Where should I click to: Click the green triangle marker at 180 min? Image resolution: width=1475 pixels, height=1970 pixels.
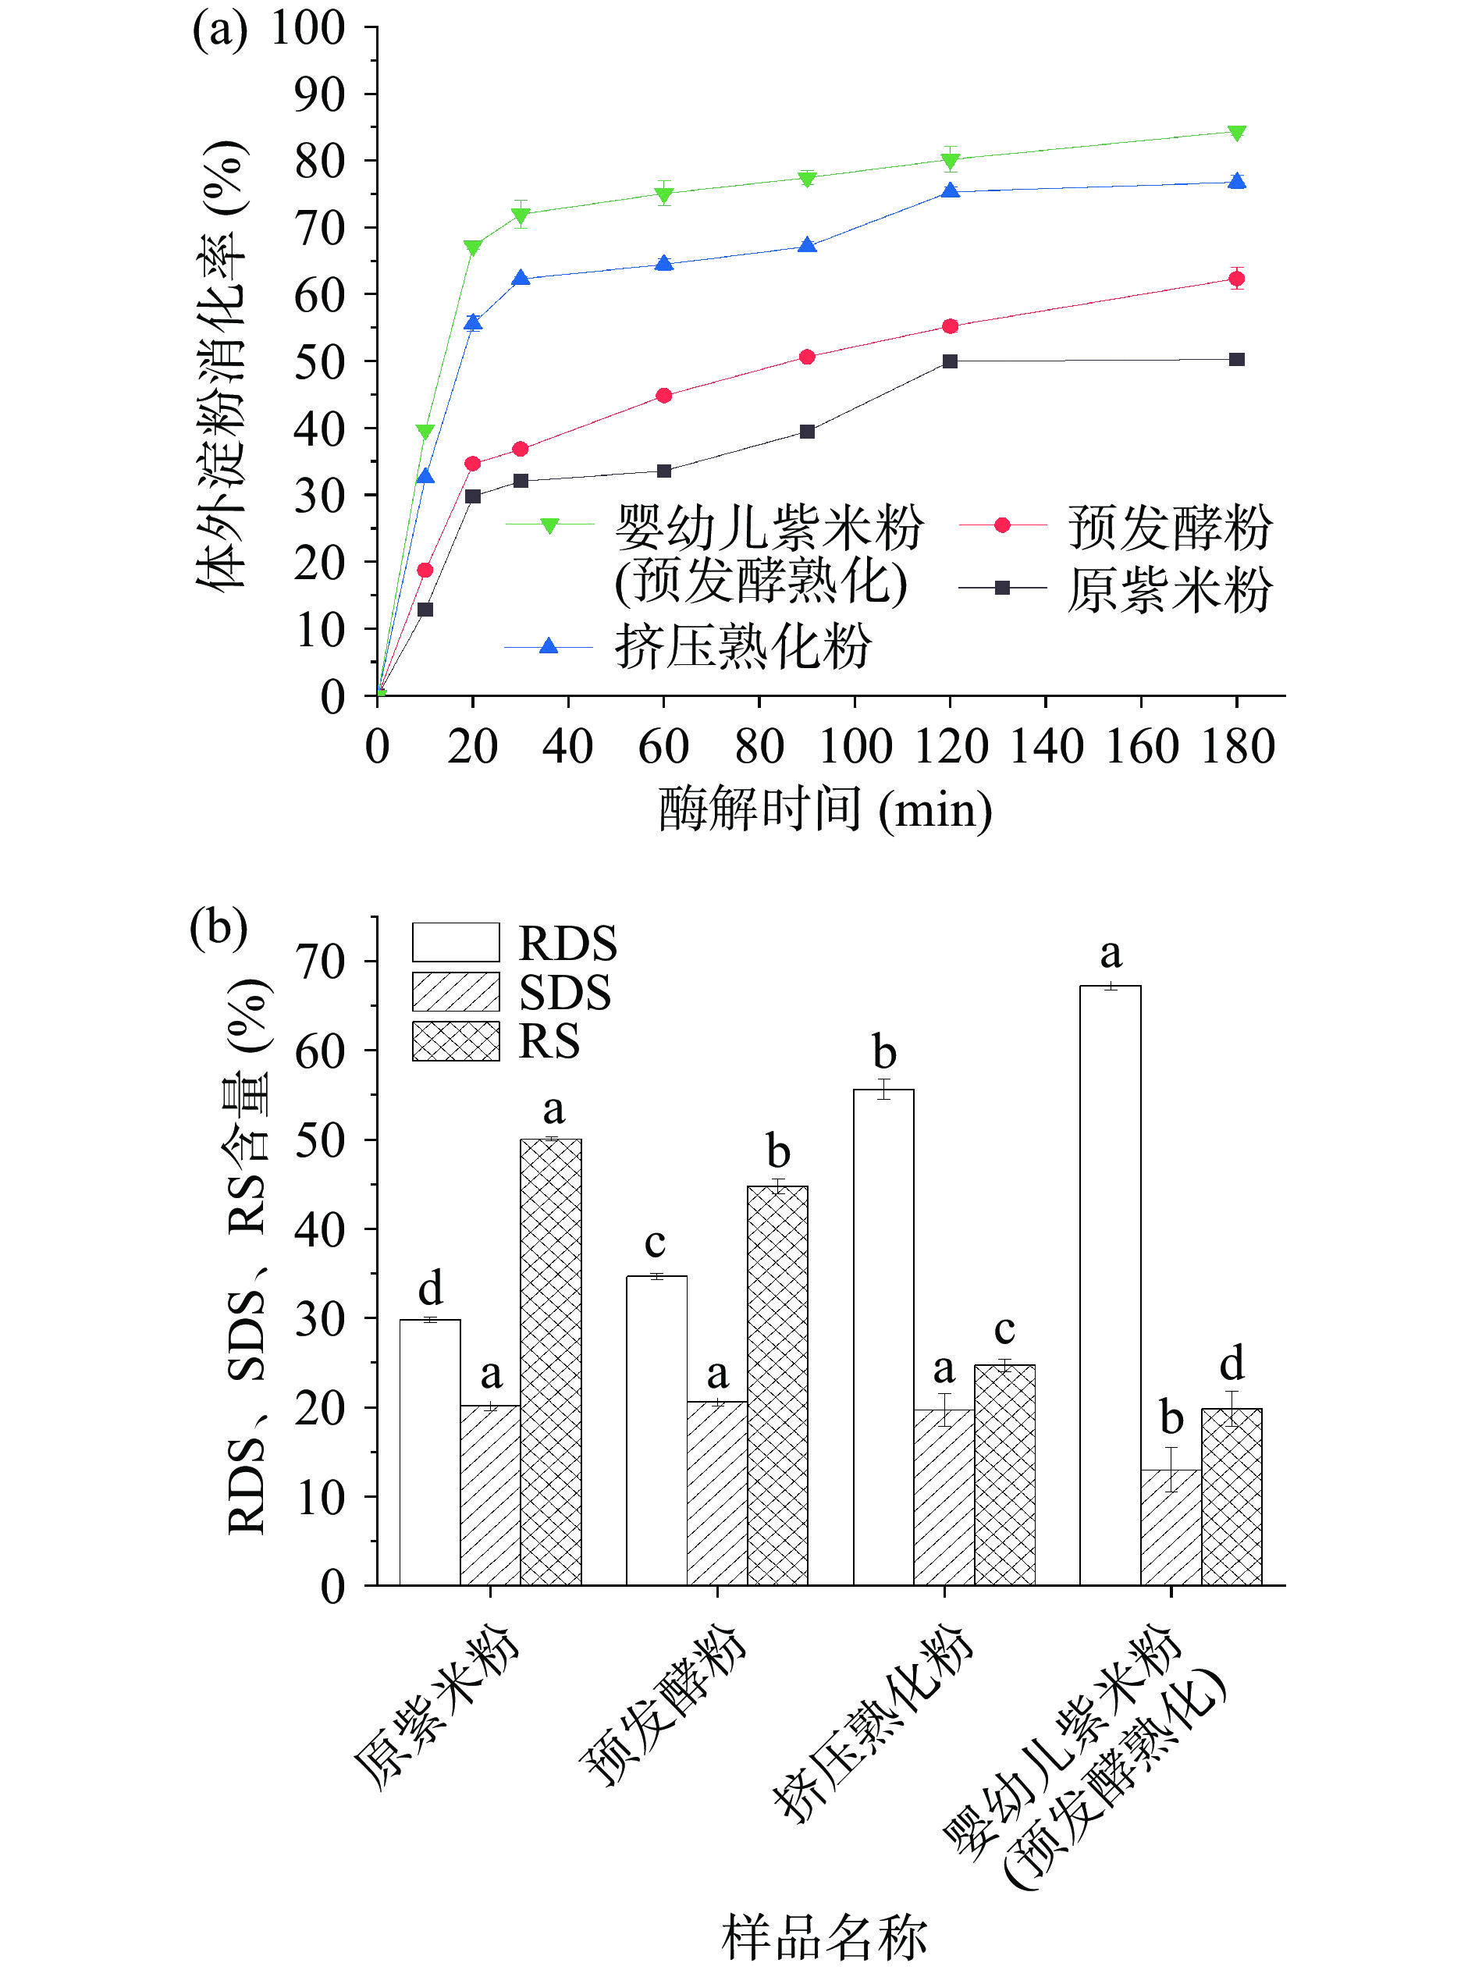pos(1235,133)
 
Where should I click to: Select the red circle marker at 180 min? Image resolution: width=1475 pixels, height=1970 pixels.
pos(1235,279)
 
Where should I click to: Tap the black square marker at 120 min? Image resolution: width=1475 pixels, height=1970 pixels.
pos(950,361)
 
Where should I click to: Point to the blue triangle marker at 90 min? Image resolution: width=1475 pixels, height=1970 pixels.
pos(807,246)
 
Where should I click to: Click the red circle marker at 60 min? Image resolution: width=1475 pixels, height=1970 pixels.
pos(663,396)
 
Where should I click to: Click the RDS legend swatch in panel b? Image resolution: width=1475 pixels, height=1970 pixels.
pos(455,942)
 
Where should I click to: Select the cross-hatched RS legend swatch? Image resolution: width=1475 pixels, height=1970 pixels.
pos(455,1040)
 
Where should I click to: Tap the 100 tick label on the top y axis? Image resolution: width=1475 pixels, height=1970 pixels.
pos(307,29)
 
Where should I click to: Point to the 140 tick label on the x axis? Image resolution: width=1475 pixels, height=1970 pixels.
pos(1046,746)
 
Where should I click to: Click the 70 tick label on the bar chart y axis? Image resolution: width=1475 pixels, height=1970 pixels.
pos(320,962)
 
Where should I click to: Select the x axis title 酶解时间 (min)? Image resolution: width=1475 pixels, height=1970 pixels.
pos(825,809)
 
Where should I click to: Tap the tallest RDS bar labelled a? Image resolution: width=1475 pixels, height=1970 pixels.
pos(1110,1282)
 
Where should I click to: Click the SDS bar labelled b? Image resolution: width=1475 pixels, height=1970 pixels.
pos(1171,1527)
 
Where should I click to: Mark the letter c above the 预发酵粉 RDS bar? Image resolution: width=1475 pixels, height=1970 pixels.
pos(656,1243)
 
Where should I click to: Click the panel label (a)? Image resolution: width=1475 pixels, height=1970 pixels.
pos(219,30)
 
